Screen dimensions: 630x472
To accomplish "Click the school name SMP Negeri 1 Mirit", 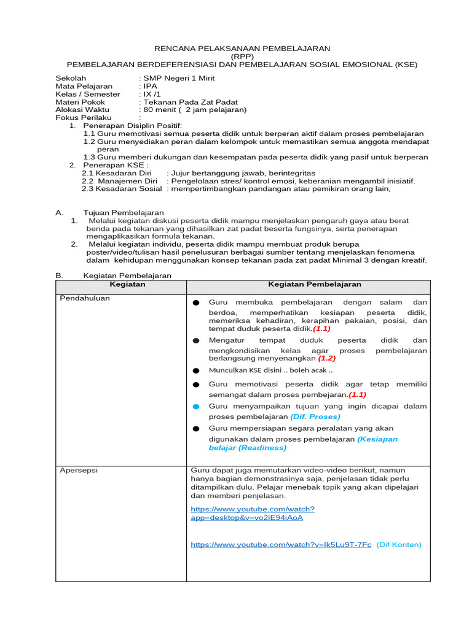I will point(179,78).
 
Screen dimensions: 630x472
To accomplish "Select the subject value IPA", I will point(150,86).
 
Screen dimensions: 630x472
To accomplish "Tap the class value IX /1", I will point(152,94).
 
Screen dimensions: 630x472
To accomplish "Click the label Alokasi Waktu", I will point(82,110).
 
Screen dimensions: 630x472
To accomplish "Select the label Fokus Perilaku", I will point(84,118).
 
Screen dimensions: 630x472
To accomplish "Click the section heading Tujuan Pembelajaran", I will point(119,212).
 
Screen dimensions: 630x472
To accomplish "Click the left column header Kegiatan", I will point(127,285).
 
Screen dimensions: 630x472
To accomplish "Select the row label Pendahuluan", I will point(84,298).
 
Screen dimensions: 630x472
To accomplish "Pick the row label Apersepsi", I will point(78,470).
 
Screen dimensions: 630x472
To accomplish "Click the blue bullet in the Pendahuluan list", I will point(196,407).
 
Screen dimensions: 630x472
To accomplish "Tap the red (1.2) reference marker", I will point(326,358).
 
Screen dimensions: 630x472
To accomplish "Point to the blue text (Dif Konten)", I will point(399,544).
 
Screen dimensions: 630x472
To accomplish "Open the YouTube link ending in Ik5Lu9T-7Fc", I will point(281,544).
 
